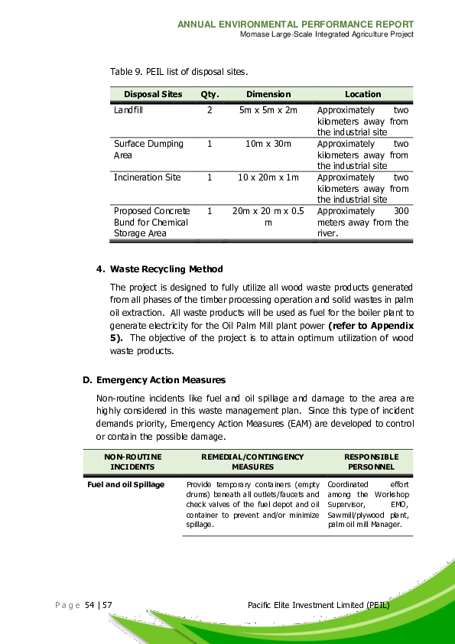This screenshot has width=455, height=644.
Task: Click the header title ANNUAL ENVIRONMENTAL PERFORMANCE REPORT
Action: coord(295,24)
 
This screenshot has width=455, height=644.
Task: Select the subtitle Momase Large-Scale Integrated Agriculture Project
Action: coord(327,35)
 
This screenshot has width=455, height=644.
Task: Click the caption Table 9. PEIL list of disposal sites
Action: coord(179,72)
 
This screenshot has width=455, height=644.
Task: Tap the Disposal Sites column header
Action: coord(153,94)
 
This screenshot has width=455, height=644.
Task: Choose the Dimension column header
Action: coord(268,94)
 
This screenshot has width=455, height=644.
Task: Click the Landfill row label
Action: coord(128,110)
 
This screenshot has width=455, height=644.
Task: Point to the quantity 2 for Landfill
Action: coord(210,110)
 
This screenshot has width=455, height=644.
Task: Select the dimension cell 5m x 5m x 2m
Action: coord(268,110)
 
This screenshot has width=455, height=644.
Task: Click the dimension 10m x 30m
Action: coord(268,144)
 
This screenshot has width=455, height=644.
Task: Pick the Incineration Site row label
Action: coord(148,177)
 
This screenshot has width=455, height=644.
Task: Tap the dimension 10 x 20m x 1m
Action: coord(268,177)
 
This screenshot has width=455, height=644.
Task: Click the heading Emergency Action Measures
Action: coord(161,380)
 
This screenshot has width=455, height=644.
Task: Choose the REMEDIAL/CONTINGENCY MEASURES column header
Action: coord(252,461)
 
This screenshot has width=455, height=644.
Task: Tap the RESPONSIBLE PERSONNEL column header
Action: coord(371,461)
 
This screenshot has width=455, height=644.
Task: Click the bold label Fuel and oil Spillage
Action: coord(125,485)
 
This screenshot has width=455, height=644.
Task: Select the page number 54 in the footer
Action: coord(89,606)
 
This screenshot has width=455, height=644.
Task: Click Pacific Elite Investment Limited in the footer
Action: coord(320,606)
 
